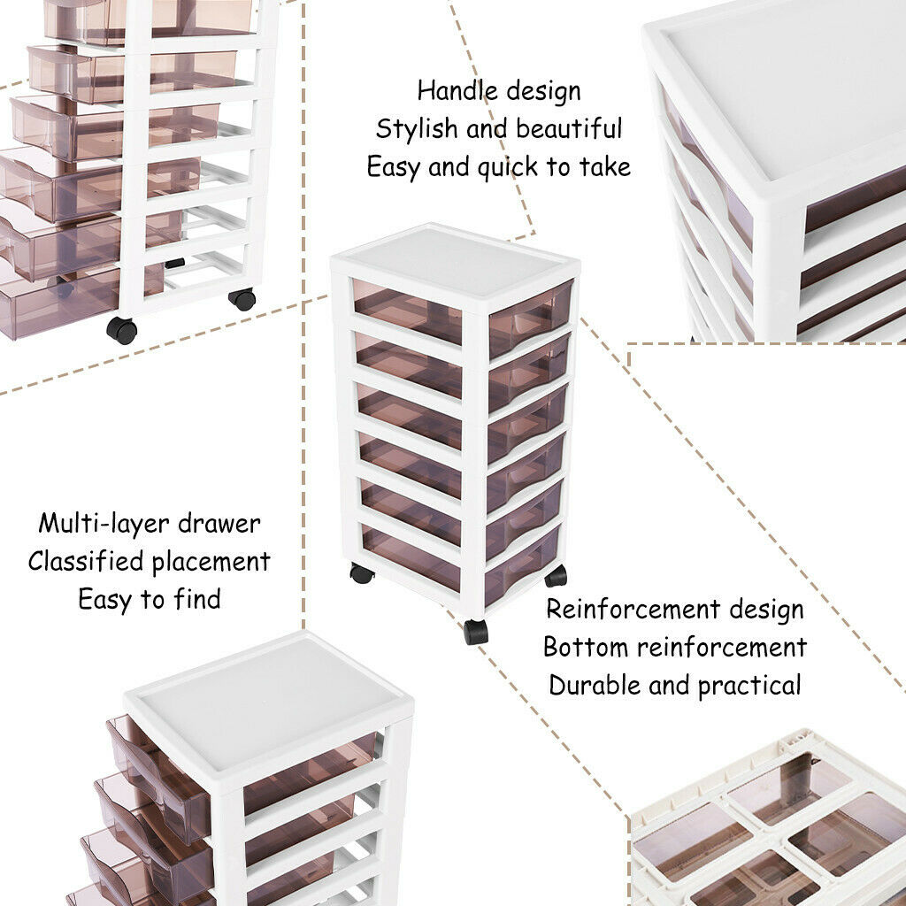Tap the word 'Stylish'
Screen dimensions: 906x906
[416, 128]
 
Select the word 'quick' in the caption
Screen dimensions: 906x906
[507, 168]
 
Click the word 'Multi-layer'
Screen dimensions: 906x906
[104, 525]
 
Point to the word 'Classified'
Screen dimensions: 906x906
[86, 561]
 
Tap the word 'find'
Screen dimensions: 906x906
[197, 599]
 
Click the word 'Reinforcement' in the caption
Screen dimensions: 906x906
[633, 610]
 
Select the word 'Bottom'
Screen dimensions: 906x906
[586, 647]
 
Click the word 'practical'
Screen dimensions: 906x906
[749, 687]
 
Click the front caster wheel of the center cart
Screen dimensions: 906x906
[475, 632]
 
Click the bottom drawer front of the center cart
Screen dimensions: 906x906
[520, 565]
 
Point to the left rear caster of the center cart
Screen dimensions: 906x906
[362, 573]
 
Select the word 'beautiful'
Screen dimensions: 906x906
[569, 128]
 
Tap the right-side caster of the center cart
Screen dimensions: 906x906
[556, 576]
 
